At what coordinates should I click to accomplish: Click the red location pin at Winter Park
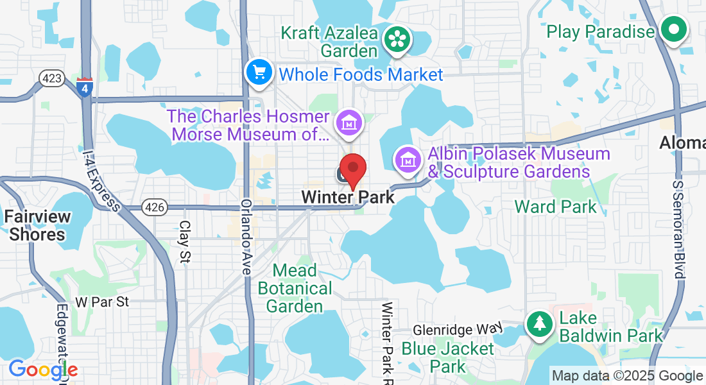pos(352,170)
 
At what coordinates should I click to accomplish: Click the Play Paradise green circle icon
pos(673,30)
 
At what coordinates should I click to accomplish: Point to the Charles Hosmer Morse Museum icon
pos(350,121)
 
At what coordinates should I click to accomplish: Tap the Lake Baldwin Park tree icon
pos(540,325)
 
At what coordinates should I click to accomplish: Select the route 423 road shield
pos(51,78)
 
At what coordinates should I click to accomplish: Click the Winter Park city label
pos(348,197)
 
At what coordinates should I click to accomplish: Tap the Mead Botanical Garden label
pos(294,288)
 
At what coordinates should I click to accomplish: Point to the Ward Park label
pos(555,207)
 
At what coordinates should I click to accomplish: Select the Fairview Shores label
pos(37,225)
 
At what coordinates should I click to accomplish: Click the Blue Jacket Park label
pos(447,358)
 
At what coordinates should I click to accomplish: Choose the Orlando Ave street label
pos(246,237)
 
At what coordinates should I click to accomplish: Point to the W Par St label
pos(102,301)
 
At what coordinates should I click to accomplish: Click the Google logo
pos(43,370)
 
